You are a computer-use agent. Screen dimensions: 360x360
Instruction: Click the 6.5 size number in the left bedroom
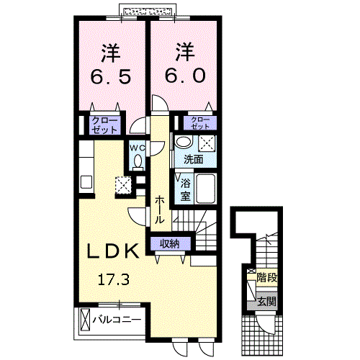pyautogui.click(x=110, y=76)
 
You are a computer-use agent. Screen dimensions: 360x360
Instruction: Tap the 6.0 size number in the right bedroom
pyautogui.click(x=184, y=76)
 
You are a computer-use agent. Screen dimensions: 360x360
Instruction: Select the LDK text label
pyautogui.click(x=113, y=251)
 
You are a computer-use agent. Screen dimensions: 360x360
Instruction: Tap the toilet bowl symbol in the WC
pyautogui.click(x=138, y=163)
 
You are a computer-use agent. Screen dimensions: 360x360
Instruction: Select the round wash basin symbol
pyautogui.click(x=184, y=142)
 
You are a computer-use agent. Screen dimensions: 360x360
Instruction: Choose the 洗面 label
pyautogui.click(x=192, y=159)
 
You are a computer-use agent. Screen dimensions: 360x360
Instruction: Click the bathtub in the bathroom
pyautogui.click(x=207, y=188)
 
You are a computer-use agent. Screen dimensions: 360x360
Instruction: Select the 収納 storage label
pyautogui.click(x=170, y=244)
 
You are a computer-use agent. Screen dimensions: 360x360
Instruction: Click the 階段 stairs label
pyautogui.click(x=266, y=276)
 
